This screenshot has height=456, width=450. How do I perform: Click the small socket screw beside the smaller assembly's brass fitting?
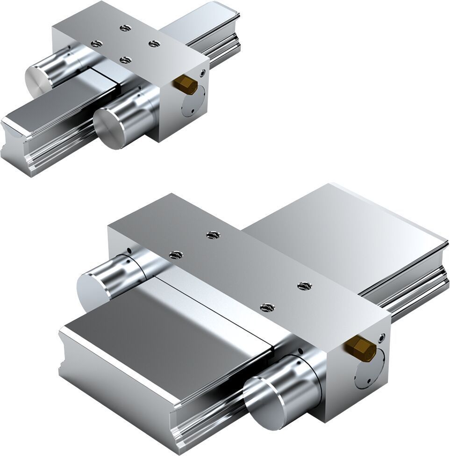click(x=202, y=72)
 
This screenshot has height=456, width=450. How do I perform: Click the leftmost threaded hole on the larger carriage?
click(x=175, y=254)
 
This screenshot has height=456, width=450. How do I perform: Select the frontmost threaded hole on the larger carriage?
click(x=266, y=307)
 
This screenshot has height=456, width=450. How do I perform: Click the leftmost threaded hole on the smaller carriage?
click(x=96, y=43)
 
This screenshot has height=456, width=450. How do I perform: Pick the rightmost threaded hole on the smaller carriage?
click(x=154, y=43)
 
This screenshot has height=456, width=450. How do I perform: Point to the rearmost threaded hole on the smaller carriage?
click(x=124, y=28)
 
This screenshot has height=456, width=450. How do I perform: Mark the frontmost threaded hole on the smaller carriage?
click(x=125, y=59)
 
